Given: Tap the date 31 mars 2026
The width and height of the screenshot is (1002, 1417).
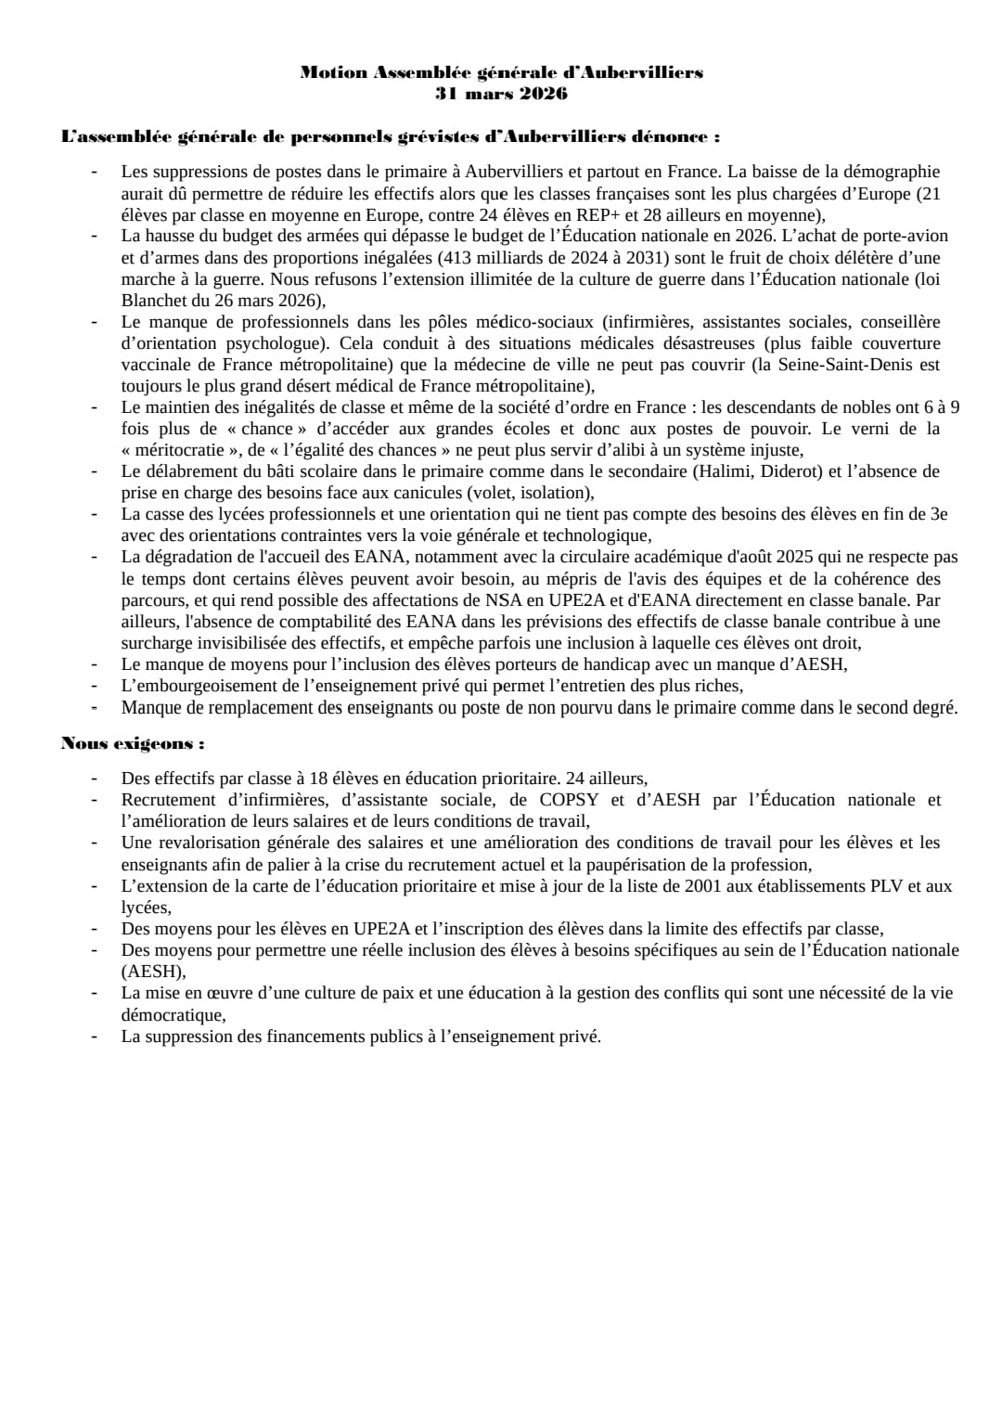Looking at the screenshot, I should pyautogui.click(x=502, y=94).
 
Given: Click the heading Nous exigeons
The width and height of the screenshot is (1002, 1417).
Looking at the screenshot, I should pyautogui.click(x=133, y=744).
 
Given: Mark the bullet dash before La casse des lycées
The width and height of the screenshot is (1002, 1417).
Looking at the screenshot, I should pyautogui.click(x=95, y=514).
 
